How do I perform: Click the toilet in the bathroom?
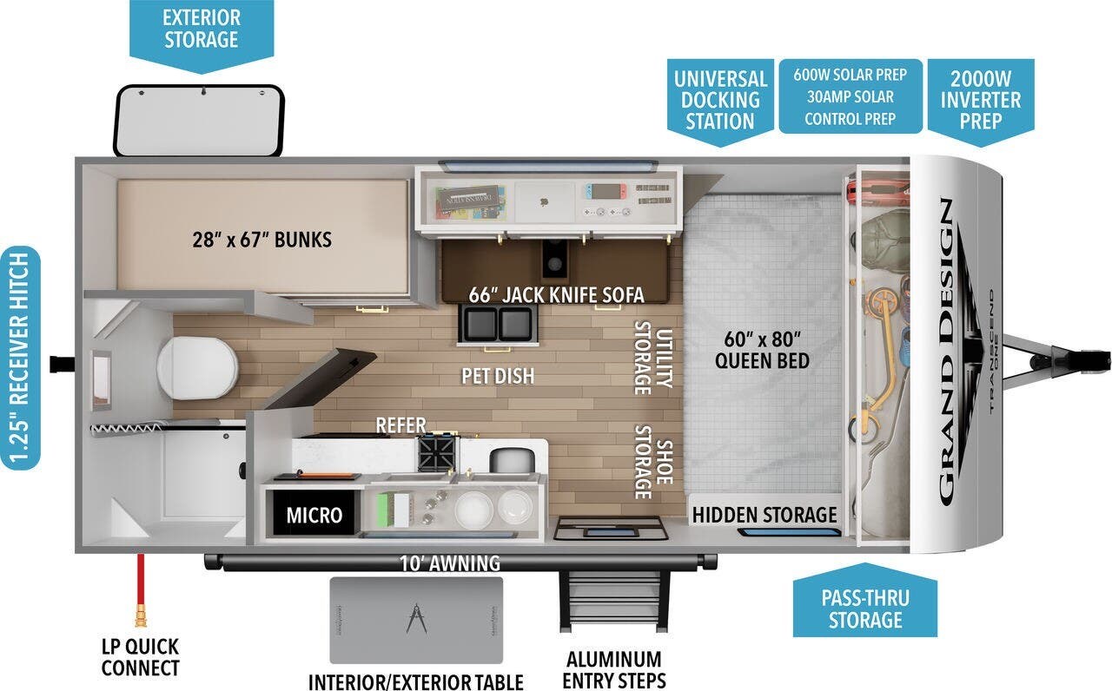pos(198,365)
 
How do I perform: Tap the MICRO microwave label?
pos(314,515)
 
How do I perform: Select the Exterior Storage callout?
pos(201,29)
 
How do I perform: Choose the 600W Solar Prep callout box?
pos(850,96)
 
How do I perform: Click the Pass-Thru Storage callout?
pos(865,608)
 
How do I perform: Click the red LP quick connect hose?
pos(139,590)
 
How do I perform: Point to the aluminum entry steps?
pos(613,599)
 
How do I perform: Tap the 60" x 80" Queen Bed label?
pos(762,349)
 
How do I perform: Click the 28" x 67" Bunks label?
pos(261,239)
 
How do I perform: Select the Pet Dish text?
pos(498,376)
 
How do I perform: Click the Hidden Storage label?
pos(764,515)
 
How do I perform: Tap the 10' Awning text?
pos(449,563)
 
